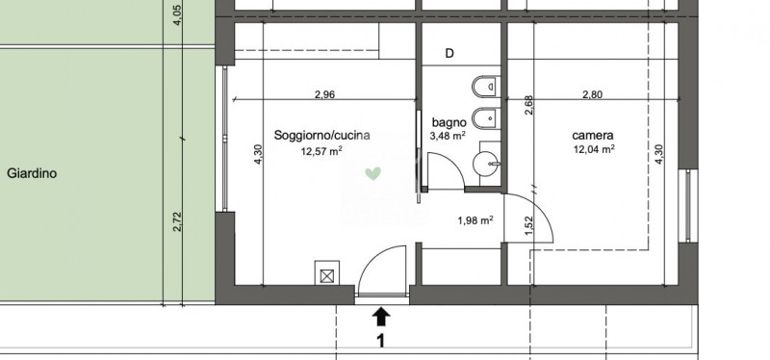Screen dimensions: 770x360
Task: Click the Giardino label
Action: pos(32,173)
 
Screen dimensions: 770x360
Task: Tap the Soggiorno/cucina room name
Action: pos(321,136)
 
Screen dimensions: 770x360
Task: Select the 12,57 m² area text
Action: pos(321,151)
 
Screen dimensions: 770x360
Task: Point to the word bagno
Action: pos(449,123)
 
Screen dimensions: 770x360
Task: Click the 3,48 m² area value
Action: pos(448,136)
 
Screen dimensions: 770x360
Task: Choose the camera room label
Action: pos(593,136)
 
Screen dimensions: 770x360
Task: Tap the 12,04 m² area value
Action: pos(594,149)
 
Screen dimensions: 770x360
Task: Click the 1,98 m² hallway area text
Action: pos(475,220)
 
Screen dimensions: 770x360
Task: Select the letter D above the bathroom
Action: pos(449,54)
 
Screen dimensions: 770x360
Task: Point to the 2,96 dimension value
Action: pos(324,94)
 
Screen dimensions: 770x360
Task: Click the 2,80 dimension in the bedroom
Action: pos(592,94)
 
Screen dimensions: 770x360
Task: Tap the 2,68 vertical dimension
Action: pos(528,105)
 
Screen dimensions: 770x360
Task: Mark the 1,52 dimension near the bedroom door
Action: pos(528,226)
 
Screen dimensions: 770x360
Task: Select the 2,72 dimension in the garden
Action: pos(178,222)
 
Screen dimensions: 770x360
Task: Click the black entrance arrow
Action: pos(381,317)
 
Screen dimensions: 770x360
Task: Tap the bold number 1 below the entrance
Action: pos(380,341)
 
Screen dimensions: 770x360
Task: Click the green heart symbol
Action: pos(372,173)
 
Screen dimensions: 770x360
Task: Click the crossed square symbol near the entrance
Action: pos(327,276)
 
